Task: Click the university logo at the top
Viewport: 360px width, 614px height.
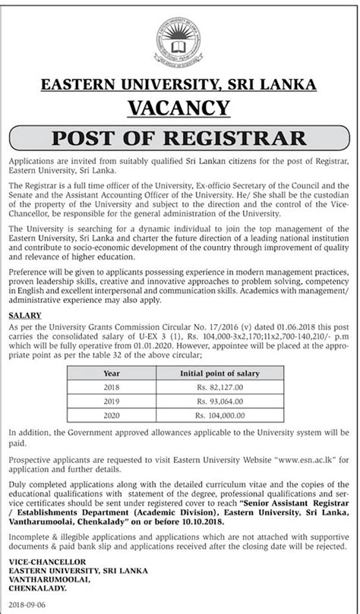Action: tap(180, 39)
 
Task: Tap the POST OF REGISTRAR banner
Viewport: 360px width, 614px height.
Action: tap(180, 139)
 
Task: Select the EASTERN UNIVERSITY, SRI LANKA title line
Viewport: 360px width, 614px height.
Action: tap(180, 85)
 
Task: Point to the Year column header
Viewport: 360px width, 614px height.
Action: tap(112, 374)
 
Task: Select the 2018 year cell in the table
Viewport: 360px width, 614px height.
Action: tap(112, 389)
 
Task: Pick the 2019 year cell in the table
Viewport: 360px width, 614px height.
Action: tap(112, 402)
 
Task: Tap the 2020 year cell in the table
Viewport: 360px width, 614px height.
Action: tap(112, 417)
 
